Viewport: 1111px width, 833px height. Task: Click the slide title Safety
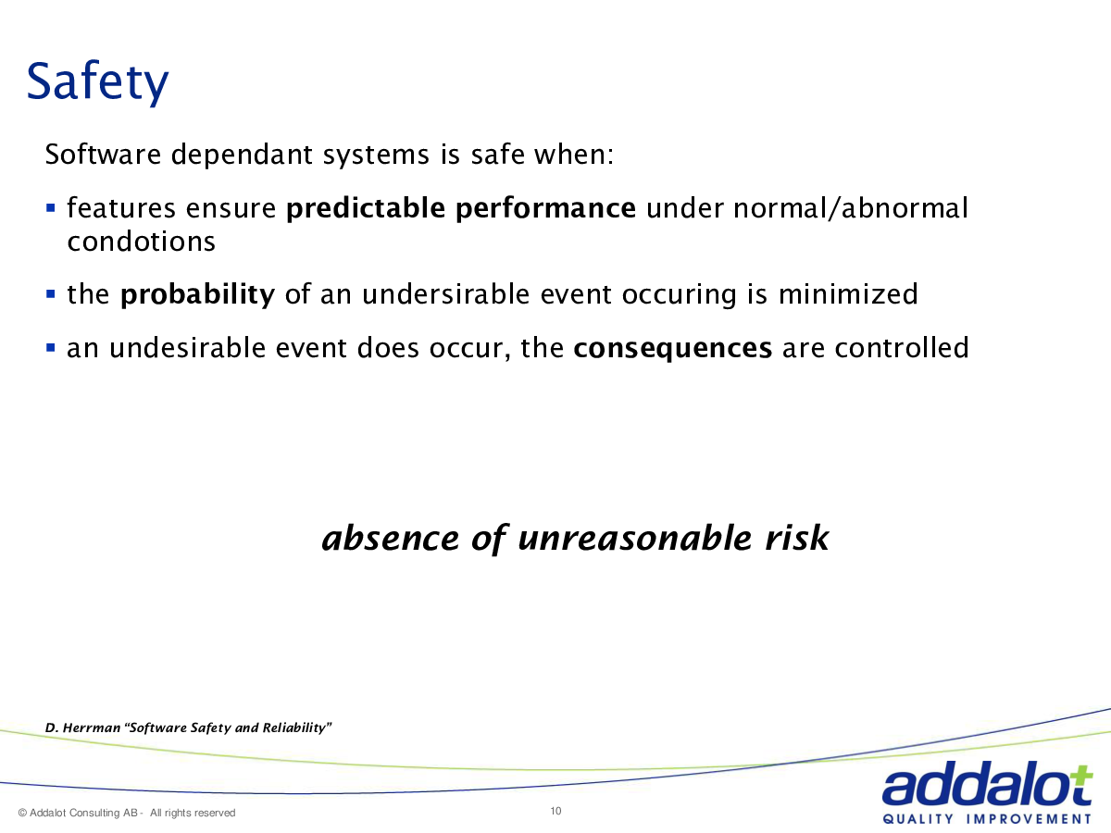(97, 81)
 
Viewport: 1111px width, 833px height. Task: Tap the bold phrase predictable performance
(460, 208)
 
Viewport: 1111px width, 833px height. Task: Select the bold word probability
(197, 294)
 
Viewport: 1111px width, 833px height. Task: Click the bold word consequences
(673, 348)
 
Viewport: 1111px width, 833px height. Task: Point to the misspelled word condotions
(142, 242)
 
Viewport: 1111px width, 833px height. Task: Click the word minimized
(848, 293)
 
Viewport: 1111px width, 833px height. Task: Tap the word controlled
(902, 347)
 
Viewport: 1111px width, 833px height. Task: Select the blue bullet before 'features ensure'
(50, 207)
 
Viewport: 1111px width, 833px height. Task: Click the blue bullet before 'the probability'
(50, 293)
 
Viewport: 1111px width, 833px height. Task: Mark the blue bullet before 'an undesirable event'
(50, 347)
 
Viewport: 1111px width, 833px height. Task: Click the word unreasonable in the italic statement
(635, 538)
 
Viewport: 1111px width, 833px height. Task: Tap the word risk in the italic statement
(797, 537)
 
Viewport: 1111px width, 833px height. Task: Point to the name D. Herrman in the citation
(82, 727)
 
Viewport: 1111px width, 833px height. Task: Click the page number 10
(555, 812)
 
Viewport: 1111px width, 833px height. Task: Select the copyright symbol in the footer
(22, 813)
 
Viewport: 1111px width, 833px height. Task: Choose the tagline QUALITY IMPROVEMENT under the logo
(987, 819)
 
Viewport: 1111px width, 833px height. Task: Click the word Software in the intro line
(103, 154)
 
